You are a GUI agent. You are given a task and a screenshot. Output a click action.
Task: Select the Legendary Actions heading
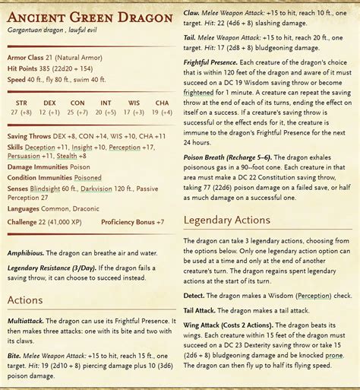tap(227, 220)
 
